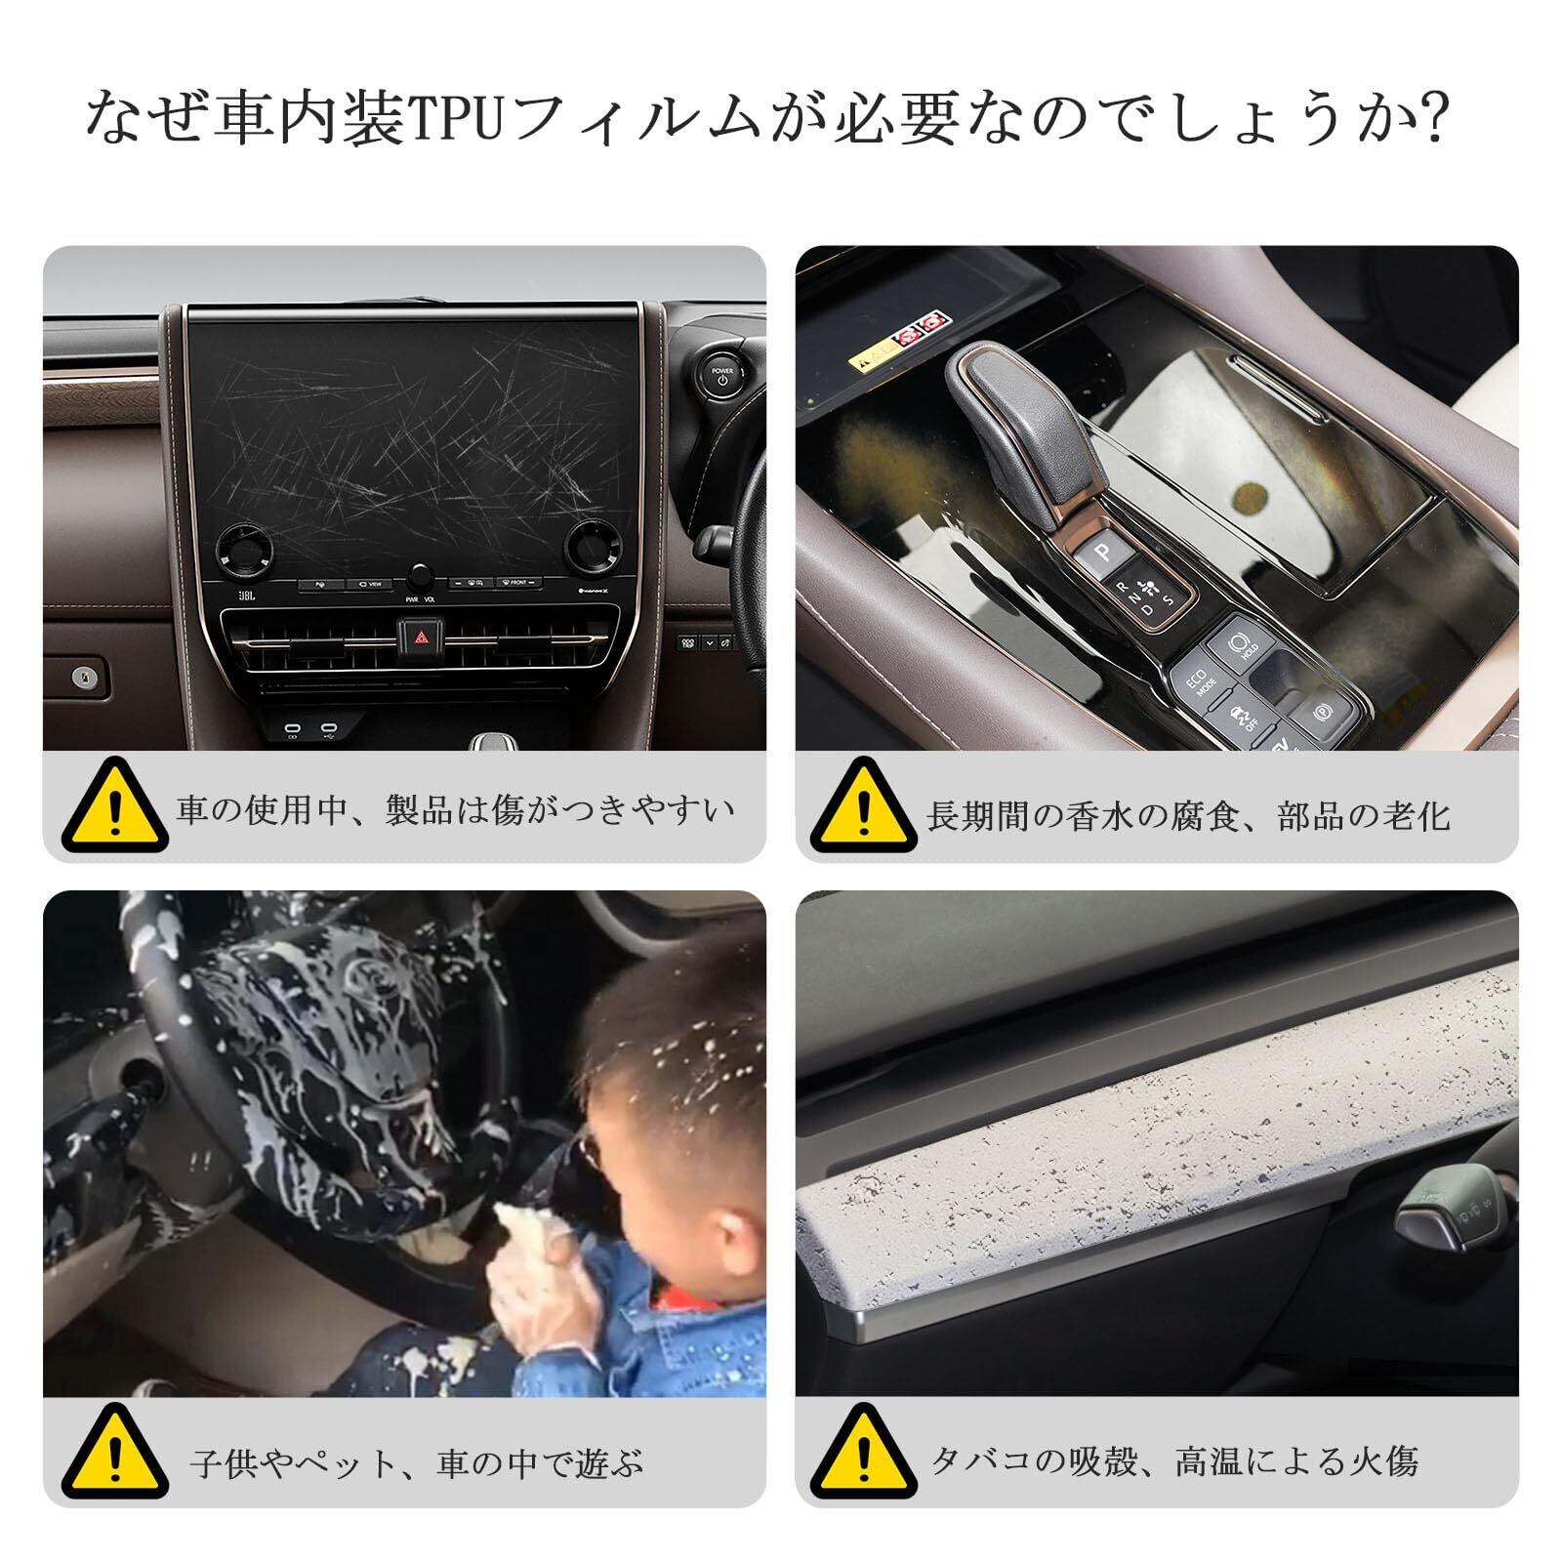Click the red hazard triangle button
pyautogui.click(x=422, y=637)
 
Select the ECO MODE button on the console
pyautogui.click(x=1200, y=680)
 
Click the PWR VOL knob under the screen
pyautogui.click(x=420, y=575)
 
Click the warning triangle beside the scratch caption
pyautogui.click(x=114, y=806)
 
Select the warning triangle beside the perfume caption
pyautogui.click(x=863, y=806)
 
